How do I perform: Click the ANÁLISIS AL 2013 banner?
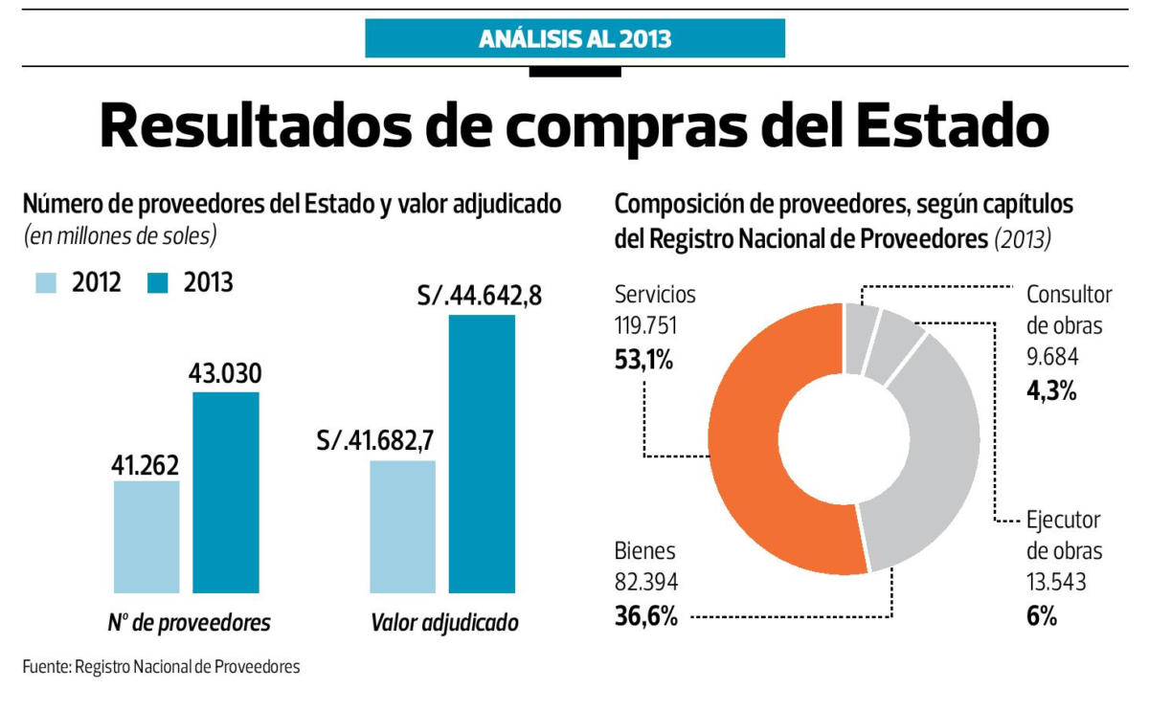[x=574, y=39]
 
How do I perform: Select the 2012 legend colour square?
[x=46, y=283]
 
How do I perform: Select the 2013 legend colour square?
[x=158, y=283]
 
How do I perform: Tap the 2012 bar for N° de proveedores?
[x=146, y=536]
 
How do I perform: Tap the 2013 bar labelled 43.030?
[x=226, y=492]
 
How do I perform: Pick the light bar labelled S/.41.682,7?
[x=402, y=526]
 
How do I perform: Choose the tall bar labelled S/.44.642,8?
[x=482, y=454]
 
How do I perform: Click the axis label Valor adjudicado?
[x=444, y=623]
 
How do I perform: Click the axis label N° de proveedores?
[x=189, y=623]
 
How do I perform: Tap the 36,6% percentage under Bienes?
[x=645, y=617]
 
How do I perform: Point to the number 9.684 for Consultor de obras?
[x=1052, y=358]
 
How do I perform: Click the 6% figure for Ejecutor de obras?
[x=1041, y=617]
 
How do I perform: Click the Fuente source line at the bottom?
[x=161, y=666]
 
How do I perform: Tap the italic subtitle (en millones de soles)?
[x=120, y=234]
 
